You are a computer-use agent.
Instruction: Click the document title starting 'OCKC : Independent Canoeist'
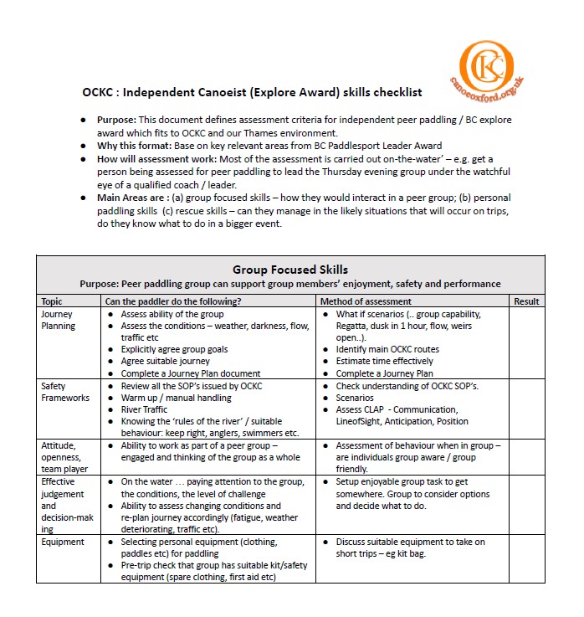(252, 92)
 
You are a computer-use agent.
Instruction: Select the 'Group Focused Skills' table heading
(289, 270)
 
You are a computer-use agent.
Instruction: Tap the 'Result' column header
(526, 301)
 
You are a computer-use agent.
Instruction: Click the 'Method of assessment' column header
(366, 301)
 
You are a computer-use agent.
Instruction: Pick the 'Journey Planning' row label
(58, 320)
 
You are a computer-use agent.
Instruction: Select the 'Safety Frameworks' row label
(64, 392)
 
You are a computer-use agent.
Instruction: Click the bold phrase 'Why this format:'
(131, 146)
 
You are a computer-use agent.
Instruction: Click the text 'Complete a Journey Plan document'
(190, 373)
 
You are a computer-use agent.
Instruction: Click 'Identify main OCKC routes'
(387, 349)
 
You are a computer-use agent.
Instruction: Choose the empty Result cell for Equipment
(526, 559)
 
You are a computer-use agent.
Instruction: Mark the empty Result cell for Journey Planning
(526, 343)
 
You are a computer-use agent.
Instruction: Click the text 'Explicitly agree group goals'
(174, 349)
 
